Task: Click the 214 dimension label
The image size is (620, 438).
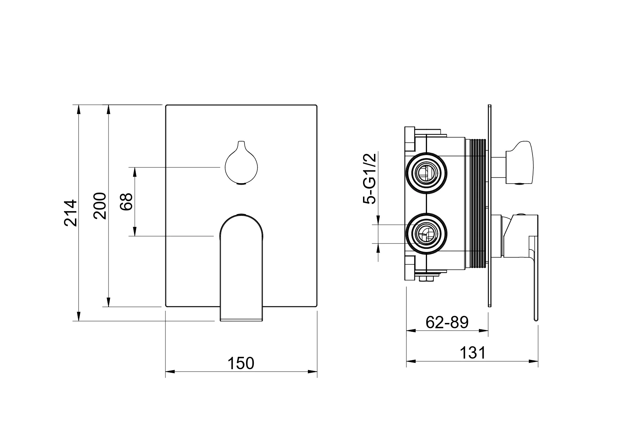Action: (x=70, y=212)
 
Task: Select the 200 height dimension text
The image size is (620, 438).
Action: (x=100, y=206)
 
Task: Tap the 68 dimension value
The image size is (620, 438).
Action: (x=126, y=202)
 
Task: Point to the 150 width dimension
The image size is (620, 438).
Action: (x=241, y=363)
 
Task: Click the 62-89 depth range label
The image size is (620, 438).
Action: (x=447, y=322)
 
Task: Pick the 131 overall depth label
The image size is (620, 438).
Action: (x=473, y=353)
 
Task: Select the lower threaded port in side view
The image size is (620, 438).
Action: (x=427, y=234)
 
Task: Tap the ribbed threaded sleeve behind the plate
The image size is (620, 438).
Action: (x=477, y=200)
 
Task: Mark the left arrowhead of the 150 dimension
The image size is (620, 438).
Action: (x=170, y=372)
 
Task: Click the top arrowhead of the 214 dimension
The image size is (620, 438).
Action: (x=78, y=109)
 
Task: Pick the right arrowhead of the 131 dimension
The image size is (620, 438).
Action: (x=533, y=361)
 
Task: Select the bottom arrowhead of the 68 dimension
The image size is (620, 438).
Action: (x=135, y=231)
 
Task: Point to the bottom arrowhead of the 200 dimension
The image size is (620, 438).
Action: (x=108, y=302)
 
